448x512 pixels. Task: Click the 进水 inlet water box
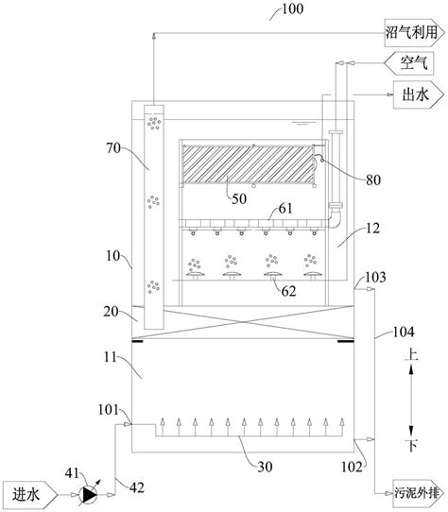point(29,495)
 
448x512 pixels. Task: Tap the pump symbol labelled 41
point(89,494)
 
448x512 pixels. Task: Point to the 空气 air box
point(409,63)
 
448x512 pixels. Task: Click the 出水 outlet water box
point(419,94)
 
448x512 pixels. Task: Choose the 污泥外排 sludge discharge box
point(419,493)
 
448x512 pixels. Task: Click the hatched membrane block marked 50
point(248,164)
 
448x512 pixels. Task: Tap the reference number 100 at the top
point(292,9)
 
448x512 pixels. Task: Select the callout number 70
point(113,148)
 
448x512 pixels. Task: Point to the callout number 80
point(372,180)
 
